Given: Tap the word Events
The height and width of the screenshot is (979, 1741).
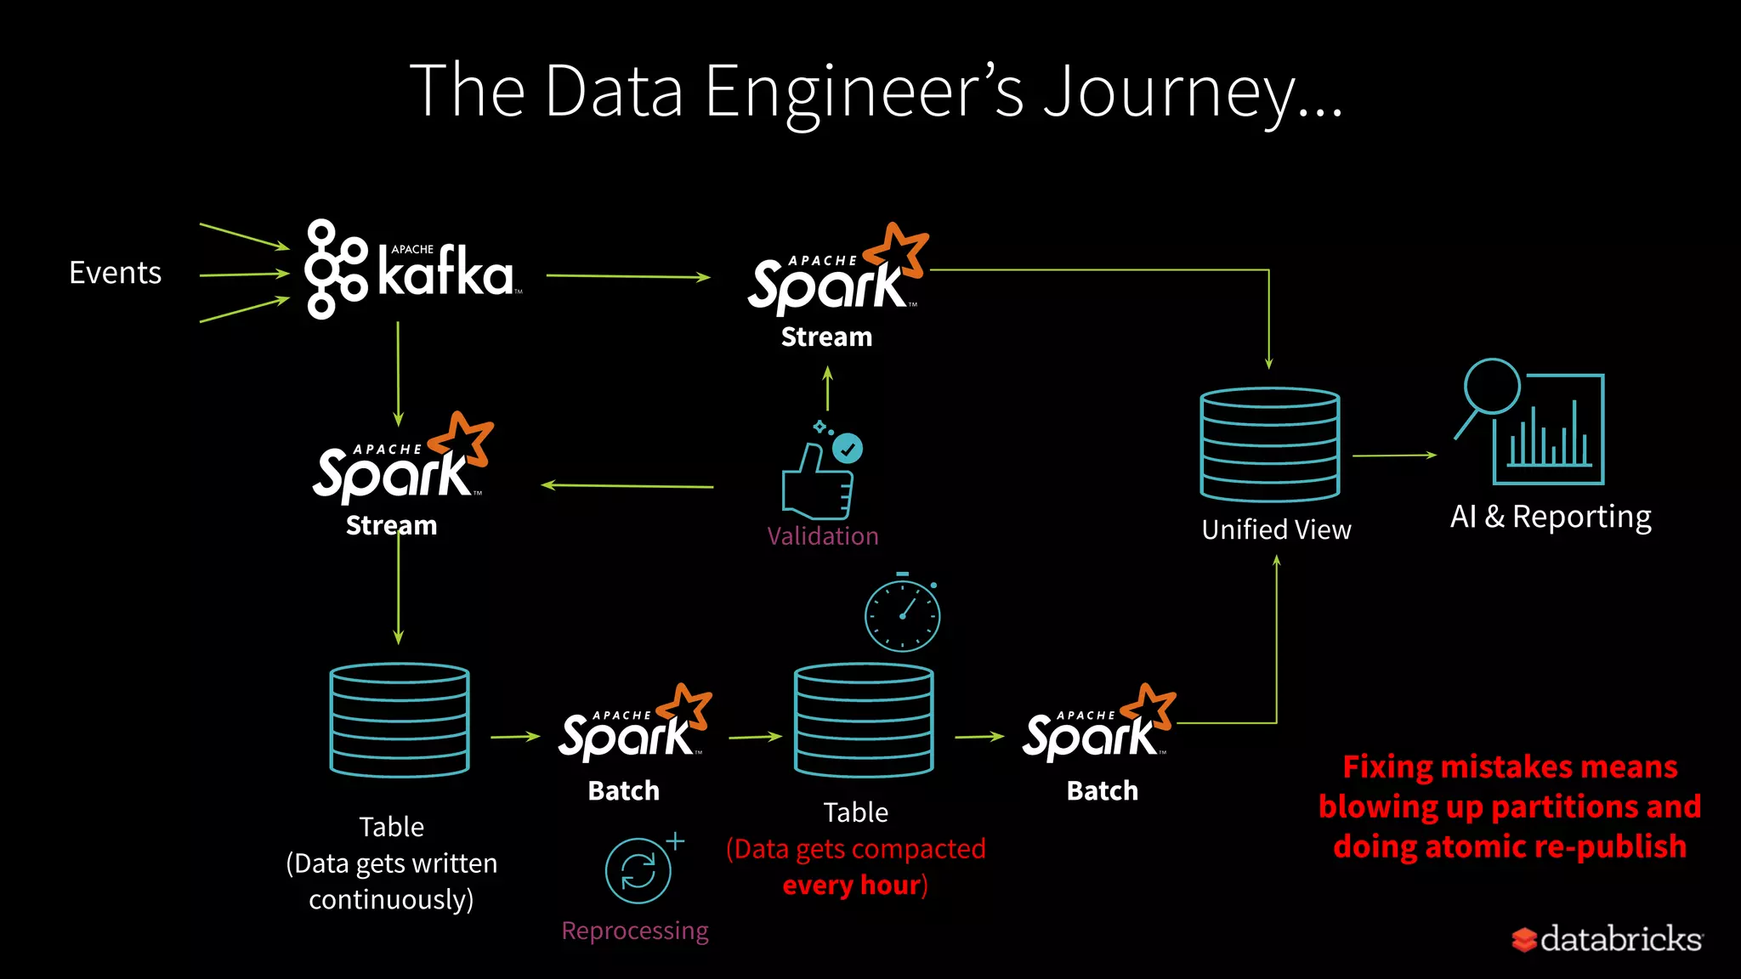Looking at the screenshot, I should (115, 273).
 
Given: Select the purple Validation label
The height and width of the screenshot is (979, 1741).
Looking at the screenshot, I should (822, 536).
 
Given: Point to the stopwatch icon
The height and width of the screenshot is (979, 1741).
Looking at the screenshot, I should (902, 614).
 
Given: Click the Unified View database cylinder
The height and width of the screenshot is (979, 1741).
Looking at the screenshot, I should (1269, 444).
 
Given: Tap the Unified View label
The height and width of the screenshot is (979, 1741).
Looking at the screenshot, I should (1276, 529).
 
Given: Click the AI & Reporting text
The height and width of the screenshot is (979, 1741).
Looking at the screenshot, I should (1551, 517).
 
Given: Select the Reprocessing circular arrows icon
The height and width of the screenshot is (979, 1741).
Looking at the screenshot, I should (639, 870).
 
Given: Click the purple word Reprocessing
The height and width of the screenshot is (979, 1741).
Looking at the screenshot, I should (634, 931).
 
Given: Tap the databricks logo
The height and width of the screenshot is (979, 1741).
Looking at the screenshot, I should (1607, 939).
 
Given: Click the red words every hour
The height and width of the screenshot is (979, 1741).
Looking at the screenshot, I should (852, 886).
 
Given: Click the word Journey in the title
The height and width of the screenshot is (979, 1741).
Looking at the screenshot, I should (1169, 92).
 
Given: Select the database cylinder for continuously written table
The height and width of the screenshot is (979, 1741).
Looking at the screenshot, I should (399, 720).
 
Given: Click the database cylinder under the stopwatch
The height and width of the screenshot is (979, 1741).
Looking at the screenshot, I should (863, 720).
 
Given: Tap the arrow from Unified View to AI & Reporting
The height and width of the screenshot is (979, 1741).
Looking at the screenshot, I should (1394, 456).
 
